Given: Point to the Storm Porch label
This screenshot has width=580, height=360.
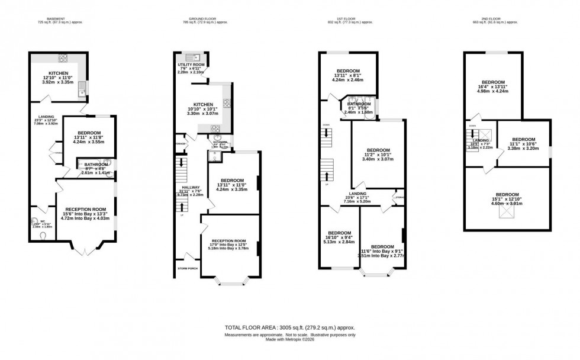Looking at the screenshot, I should click(188, 268).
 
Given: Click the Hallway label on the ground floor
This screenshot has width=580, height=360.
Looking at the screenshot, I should click(191, 187).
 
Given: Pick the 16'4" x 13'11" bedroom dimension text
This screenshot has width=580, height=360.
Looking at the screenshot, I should click(493, 87).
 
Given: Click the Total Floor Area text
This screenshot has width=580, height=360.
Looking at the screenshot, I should click(290, 327).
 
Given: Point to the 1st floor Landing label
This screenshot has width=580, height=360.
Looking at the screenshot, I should click(357, 194).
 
